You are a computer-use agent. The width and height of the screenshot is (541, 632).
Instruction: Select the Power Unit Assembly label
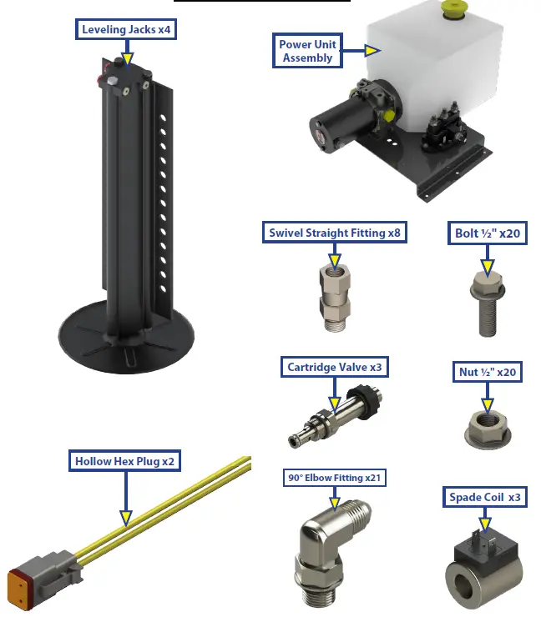[307, 51]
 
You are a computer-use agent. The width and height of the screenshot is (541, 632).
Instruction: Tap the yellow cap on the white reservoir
[454, 10]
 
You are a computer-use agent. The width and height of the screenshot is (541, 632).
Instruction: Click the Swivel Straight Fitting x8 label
[335, 233]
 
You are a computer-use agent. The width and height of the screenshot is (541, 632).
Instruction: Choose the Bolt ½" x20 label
[488, 233]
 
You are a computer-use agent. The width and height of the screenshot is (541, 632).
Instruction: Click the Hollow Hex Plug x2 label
[124, 460]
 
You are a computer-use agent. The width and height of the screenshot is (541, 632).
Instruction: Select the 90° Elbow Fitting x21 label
[334, 478]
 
